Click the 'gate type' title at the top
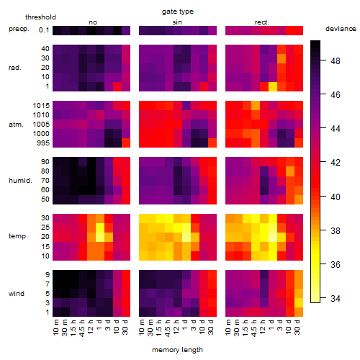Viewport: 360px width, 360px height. point(178,12)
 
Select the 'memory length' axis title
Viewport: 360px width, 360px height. point(177,350)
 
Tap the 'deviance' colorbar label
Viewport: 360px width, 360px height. point(341,29)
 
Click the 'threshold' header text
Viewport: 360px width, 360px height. point(40,17)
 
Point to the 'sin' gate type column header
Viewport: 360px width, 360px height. point(177,22)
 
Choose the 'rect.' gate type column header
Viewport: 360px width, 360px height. point(261,22)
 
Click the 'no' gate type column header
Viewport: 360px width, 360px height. point(93,22)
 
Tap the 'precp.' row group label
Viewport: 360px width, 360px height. point(19,29)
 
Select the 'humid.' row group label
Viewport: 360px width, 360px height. point(20,181)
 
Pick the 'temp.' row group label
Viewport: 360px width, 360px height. point(18,236)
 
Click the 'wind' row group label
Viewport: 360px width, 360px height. point(17,294)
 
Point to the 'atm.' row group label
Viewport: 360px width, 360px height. point(16,125)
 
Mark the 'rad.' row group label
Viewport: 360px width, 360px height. point(15,68)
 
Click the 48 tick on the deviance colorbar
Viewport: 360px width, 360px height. point(336,61)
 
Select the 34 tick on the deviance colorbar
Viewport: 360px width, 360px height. point(336,299)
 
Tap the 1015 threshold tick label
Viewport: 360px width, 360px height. point(41,106)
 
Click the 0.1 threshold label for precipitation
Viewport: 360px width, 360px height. point(44,30)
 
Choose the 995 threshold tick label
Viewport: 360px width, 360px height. point(43,143)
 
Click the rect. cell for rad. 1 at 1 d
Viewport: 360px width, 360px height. point(273,86)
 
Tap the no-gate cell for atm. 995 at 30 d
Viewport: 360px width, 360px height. point(126,143)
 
